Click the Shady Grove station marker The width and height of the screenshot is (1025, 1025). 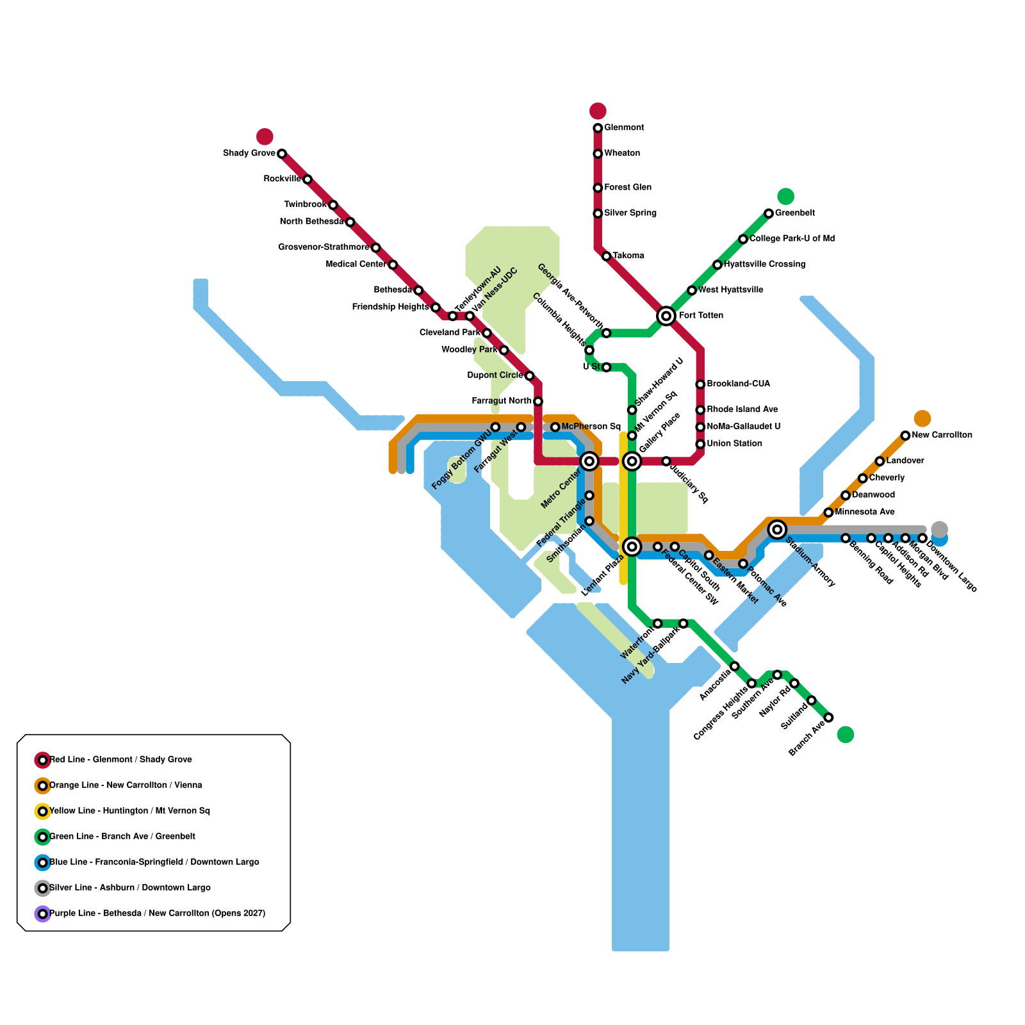tap(282, 154)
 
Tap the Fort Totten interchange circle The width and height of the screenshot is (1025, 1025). tap(666, 316)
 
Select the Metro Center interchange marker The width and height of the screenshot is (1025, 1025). tap(589, 461)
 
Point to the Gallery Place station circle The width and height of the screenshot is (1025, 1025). tap(632, 461)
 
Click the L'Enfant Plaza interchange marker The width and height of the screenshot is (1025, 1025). tap(632, 546)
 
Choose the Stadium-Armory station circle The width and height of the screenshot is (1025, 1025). tap(777, 529)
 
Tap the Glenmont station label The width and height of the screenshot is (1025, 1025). tap(624, 128)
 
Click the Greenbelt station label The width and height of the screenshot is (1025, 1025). tap(794, 213)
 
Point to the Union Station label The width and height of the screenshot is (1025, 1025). tap(734, 444)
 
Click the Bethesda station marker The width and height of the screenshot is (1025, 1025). tap(418, 290)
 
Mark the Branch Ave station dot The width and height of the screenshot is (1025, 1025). tap(828, 717)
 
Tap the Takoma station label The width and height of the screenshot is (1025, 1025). tap(628, 256)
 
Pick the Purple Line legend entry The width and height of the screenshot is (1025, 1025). tap(157, 914)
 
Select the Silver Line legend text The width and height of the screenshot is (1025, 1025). tap(130, 888)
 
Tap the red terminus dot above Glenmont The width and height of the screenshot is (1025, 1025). tap(598, 111)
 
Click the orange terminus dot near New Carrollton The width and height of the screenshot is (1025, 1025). tap(922, 418)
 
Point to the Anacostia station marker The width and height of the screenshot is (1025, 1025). tap(735, 666)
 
